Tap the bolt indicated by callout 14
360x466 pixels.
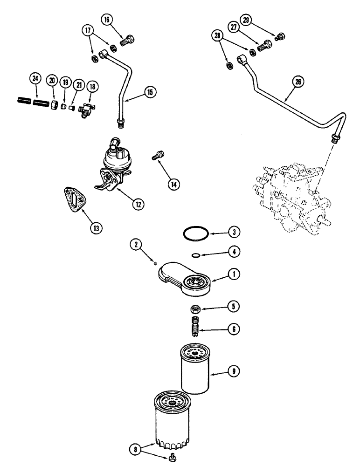pos(157,155)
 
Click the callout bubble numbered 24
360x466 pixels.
pos(34,79)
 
